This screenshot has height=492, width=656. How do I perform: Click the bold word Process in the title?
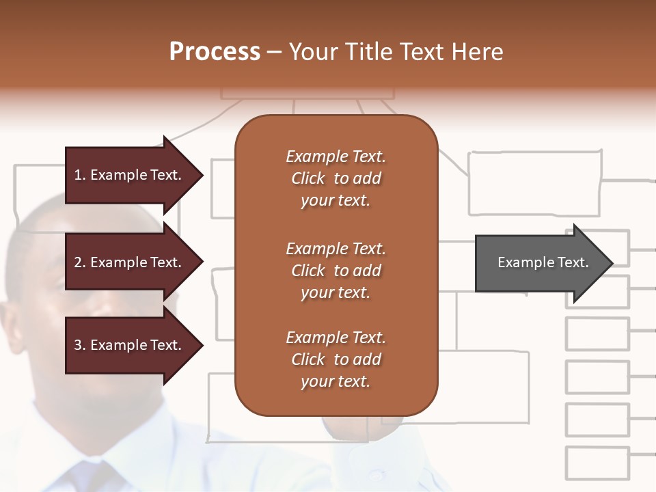click(215, 52)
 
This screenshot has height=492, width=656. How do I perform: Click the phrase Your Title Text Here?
click(396, 52)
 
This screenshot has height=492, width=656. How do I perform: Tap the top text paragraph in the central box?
click(336, 178)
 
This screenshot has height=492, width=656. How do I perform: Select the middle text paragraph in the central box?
click(336, 271)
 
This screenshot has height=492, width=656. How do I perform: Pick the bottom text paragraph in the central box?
click(336, 359)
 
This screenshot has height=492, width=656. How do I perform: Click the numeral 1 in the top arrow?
click(77, 175)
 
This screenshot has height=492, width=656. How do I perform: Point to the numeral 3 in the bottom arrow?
click(78, 345)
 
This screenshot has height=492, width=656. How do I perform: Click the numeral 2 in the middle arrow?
click(78, 262)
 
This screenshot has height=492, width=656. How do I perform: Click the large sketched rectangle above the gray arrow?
click(534, 183)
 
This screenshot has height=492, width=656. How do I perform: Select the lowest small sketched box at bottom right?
click(597, 463)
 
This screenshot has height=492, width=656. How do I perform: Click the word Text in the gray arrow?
click(574, 262)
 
